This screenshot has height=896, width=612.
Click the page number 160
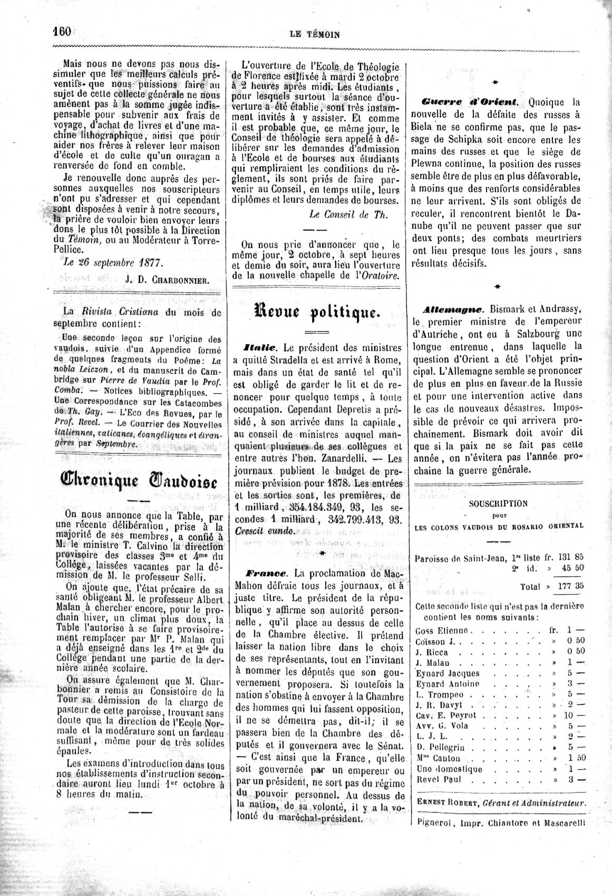click(62, 31)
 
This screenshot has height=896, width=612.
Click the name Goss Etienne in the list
click(441, 631)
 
